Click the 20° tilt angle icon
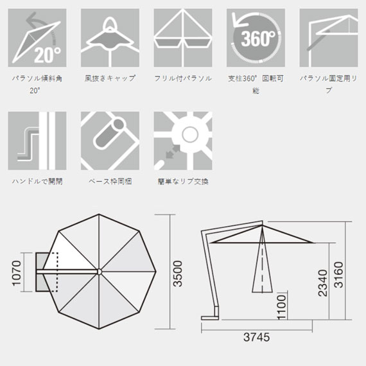point(37,38)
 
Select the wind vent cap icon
point(110,38)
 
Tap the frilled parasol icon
point(183,38)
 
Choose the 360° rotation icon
point(256,38)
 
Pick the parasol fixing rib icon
point(329,38)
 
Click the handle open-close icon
point(37,141)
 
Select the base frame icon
point(110,141)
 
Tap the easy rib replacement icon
point(183,141)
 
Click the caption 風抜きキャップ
point(110,78)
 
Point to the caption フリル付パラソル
point(183,78)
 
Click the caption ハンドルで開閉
point(37,181)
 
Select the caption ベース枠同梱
point(110,181)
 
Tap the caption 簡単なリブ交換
point(183,181)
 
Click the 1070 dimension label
point(17,273)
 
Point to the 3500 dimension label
point(177,274)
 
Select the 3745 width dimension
point(257,337)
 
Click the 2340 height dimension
point(323,283)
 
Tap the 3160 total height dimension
point(338,275)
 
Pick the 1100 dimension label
point(281,307)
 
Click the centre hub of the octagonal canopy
point(99,272)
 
